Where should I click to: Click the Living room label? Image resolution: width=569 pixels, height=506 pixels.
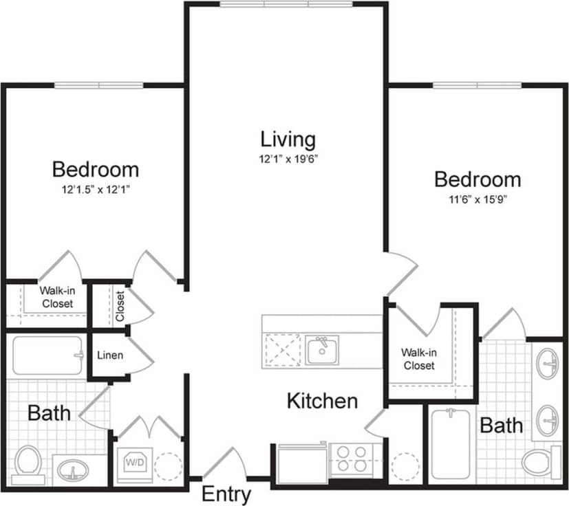coord(288,140)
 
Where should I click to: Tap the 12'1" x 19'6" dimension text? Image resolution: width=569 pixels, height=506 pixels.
coord(288,159)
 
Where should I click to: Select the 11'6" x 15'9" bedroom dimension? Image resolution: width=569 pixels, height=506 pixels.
coord(477,201)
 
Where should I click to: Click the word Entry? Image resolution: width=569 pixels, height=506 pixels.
coord(226,494)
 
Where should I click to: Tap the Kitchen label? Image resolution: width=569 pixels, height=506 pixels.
coord(322,401)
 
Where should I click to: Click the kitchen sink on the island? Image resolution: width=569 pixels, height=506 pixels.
coord(321,351)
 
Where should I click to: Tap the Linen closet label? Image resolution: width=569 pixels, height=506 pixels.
coord(110,355)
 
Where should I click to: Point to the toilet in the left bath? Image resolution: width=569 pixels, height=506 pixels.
coord(28,459)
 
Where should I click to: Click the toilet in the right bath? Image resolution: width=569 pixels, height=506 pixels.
coord(539,461)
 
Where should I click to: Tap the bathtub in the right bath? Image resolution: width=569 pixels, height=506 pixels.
coord(451,443)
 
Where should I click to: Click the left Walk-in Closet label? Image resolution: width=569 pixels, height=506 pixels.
coord(57,297)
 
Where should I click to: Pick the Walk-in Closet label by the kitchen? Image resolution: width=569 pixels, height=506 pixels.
coord(419,359)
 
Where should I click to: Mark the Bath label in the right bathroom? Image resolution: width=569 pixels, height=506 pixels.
coord(501,426)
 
